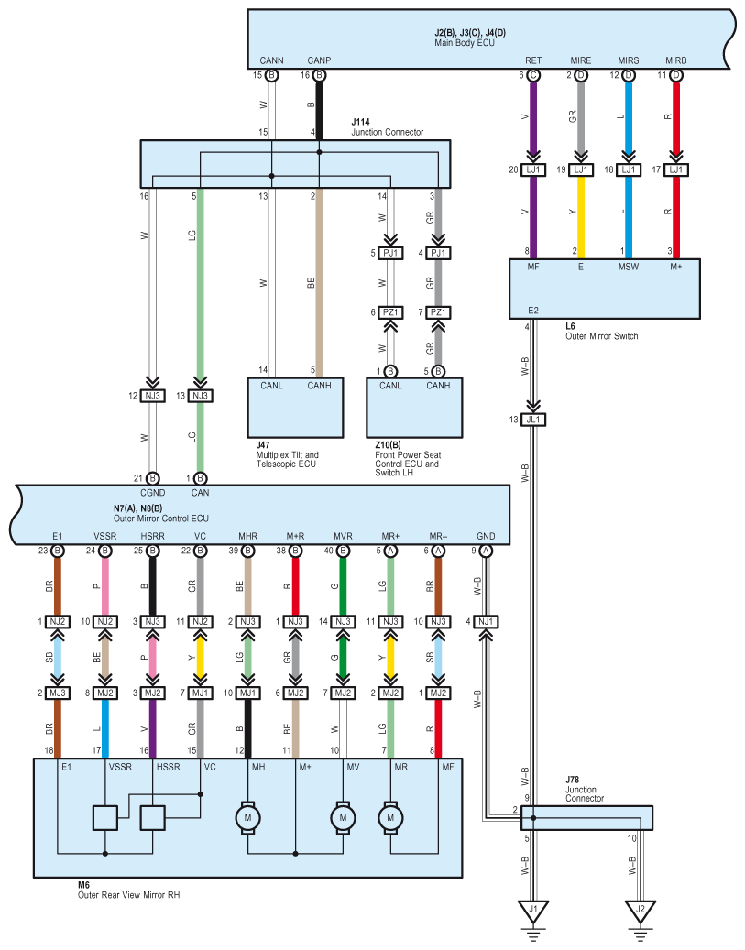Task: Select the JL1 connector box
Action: click(x=533, y=420)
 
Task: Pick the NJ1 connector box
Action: click(x=486, y=622)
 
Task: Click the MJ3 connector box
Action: click(x=58, y=693)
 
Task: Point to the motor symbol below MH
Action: click(x=248, y=818)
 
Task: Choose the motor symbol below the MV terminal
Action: click(x=343, y=818)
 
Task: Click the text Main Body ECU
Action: click(x=465, y=43)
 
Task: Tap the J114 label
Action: click(x=361, y=122)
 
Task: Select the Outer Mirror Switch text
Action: click(x=602, y=336)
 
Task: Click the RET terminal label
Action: click(x=533, y=60)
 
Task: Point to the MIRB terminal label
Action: click(x=676, y=60)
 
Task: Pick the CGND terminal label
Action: click(x=153, y=493)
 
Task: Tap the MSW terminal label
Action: click(x=629, y=267)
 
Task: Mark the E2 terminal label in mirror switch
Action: click(x=532, y=311)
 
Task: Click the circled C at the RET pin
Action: click(x=533, y=75)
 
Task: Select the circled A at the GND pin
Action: click(x=486, y=551)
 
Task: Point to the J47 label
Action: click(x=263, y=445)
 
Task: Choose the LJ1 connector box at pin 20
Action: click(x=533, y=170)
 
